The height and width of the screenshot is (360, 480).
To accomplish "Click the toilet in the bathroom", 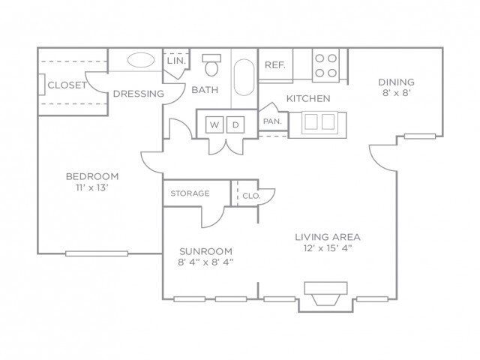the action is [x=211, y=65].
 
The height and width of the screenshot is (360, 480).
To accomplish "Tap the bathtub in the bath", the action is [x=244, y=77].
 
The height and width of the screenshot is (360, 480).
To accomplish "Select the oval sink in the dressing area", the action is [x=141, y=60].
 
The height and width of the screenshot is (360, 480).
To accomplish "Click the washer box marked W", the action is [x=214, y=124].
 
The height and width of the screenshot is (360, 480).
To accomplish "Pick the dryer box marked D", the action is [x=235, y=124].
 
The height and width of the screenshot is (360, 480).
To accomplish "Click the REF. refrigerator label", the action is [x=275, y=65].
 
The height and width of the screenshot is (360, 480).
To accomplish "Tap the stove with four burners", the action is [x=325, y=65].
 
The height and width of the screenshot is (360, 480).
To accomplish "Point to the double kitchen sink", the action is [x=319, y=122].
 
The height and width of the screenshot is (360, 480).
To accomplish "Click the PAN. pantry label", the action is [x=272, y=121].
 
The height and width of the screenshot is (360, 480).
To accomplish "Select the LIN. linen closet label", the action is [x=177, y=61].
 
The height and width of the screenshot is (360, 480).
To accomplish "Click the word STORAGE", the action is [x=190, y=193].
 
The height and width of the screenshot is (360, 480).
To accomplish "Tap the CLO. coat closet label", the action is [x=251, y=196].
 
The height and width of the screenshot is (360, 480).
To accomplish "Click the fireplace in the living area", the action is [x=325, y=293].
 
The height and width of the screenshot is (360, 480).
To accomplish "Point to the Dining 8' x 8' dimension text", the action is [x=397, y=93].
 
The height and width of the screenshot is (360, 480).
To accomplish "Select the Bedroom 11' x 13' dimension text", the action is [x=92, y=187].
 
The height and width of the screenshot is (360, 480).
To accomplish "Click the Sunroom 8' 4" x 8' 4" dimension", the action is [x=205, y=262].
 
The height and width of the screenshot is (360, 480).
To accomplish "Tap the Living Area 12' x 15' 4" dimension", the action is [x=327, y=248].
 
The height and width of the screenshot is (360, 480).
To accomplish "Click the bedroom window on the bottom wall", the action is [x=97, y=253].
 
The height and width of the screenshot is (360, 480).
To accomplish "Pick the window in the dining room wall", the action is [x=420, y=136].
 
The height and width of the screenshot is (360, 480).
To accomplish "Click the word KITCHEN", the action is [x=308, y=98].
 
